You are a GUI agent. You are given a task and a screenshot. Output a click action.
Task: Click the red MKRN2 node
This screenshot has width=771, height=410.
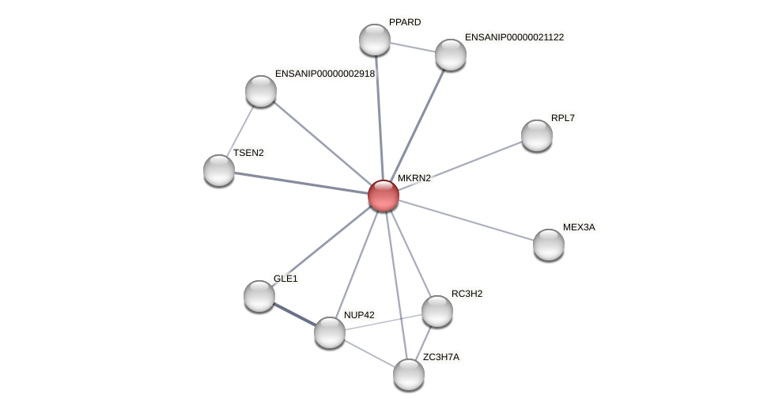pyautogui.click(x=384, y=196)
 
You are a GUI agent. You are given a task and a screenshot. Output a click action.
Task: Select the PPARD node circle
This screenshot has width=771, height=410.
pyautogui.click(x=375, y=40)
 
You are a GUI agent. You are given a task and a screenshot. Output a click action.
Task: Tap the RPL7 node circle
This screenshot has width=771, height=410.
pyautogui.click(x=537, y=135)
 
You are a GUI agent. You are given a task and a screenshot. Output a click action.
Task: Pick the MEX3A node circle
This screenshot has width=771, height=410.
pyautogui.click(x=549, y=245)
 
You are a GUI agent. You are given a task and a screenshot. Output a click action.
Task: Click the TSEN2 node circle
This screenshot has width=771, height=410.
pyautogui.click(x=219, y=170)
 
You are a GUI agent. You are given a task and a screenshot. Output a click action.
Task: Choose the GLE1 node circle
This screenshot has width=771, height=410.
pyautogui.click(x=259, y=296)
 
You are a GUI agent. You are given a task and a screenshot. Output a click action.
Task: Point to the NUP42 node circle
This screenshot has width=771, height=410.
pyautogui.click(x=330, y=332)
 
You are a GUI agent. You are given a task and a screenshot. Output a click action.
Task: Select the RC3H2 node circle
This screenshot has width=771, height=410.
pyautogui.click(x=437, y=311)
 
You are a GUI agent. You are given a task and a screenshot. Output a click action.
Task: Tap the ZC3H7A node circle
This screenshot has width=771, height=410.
pyautogui.click(x=409, y=374)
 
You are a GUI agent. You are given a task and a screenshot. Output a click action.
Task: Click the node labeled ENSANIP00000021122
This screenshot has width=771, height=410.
pyautogui.click(x=451, y=55)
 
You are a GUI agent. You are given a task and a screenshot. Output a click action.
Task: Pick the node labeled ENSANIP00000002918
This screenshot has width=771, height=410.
pyautogui.click(x=261, y=91)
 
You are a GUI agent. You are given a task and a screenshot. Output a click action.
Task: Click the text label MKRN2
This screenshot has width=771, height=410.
pyautogui.click(x=414, y=178)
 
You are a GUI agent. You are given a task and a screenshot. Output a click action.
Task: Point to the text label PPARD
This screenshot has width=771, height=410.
pyautogui.click(x=405, y=22)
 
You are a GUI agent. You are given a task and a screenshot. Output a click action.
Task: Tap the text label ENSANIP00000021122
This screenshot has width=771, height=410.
pyautogui.click(x=514, y=37)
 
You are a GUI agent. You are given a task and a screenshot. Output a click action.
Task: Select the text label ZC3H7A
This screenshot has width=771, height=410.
pyautogui.click(x=440, y=357)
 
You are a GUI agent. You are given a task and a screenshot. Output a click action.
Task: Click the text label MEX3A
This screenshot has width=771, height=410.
pyautogui.click(x=579, y=227)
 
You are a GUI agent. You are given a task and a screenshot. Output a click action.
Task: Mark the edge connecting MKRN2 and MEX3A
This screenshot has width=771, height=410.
pyautogui.click(x=467, y=220)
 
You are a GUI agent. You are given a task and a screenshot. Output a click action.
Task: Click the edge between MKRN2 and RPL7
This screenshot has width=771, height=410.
pyautogui.click(x=460, y=165)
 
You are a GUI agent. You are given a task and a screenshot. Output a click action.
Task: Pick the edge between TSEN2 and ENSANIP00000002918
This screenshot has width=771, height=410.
pyautogui.click(x=240, y=131)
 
